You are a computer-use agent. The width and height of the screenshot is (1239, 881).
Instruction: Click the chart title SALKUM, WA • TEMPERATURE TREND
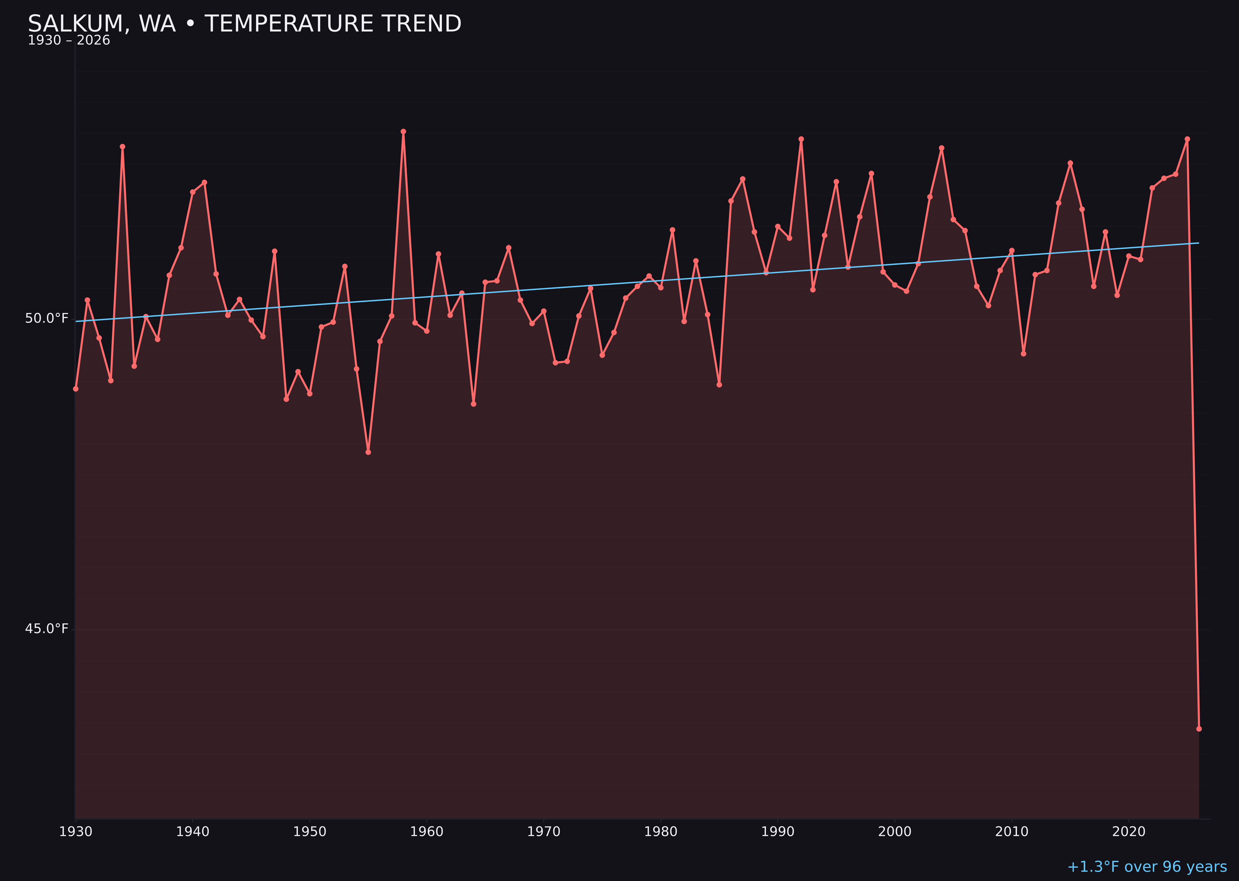click(x=244, y=24)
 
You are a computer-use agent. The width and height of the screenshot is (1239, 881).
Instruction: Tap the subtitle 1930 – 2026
click(x=69, y=41)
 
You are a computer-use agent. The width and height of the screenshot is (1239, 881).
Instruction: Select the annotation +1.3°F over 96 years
click(x=1147, y=867)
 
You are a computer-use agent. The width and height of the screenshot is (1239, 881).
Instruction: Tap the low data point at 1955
click(x=368, y=452)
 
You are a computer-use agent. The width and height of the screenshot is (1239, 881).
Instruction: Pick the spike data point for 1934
click(x=123, y=147)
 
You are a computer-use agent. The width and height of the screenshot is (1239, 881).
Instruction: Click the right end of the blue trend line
click(x=1199, y=243)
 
